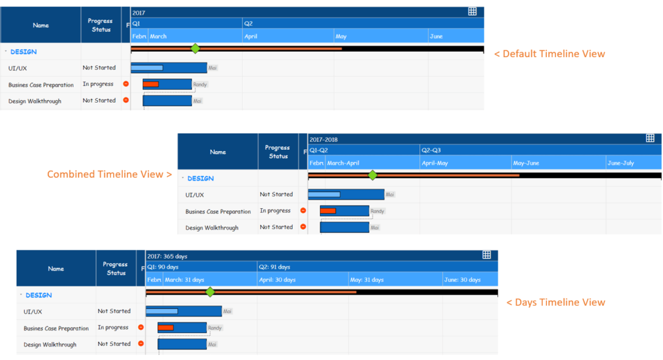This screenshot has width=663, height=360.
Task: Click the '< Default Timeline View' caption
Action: click(x=549, y=54)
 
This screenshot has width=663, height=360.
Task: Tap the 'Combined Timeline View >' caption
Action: click(x=109, y=174)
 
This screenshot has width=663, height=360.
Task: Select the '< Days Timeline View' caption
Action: click(x=556, y=302)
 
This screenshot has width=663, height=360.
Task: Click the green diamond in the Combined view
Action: click(x=373, y=176)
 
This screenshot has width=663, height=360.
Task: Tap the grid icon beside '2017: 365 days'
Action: click(x=486, y=255)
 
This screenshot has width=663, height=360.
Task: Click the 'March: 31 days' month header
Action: click(x=184, y=280)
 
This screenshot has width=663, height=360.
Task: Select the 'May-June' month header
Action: click(x=527, y=163)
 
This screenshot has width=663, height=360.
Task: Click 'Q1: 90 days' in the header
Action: click(x=163, y=267)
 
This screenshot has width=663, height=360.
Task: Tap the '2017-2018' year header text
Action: click(x=324, y=139)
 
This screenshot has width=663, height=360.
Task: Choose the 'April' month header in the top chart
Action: click(x=251, y=37)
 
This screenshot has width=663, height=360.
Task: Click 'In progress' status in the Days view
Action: click(x=113, y=327)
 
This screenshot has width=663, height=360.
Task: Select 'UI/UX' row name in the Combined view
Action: click(x=195, y=195)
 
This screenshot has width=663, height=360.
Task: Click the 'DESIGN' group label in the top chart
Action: click(x=23, y=52)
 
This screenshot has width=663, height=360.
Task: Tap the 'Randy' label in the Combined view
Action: click(x=377, y=211)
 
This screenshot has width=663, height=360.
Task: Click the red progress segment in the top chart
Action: click(x=151, y=84)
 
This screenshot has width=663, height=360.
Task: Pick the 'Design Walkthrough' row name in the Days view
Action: click(x=50, y=345)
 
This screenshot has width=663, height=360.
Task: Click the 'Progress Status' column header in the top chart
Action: click(x=101, y=25)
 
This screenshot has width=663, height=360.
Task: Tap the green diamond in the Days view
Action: click(x=210, y=292)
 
